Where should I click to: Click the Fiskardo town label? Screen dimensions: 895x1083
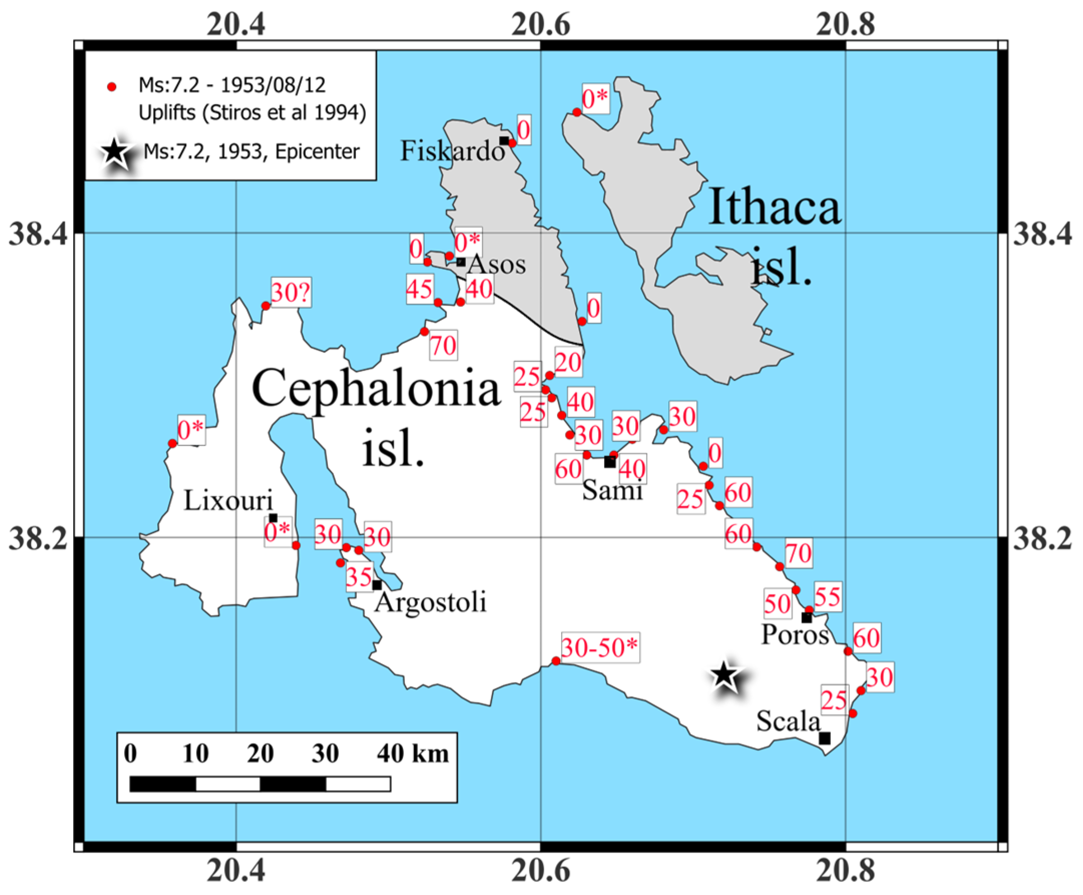452,151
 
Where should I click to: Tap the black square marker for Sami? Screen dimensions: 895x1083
610,462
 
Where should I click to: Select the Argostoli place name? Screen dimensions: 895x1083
431,602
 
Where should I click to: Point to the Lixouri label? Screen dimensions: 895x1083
228,501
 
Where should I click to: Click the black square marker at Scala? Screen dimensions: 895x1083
825,738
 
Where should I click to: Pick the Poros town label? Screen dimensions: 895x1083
794,635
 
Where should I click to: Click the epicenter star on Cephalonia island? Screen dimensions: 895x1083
723,675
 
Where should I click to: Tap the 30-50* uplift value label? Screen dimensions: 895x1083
600,648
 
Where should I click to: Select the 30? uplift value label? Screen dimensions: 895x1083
291,293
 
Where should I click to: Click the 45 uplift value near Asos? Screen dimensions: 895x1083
419,288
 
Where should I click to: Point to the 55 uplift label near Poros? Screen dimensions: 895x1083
828,596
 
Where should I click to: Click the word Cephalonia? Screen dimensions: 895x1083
376,389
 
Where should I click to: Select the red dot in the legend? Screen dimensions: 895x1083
111,87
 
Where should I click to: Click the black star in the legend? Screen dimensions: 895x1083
115,152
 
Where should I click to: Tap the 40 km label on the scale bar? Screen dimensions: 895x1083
413,754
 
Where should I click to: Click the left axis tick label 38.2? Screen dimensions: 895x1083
38,538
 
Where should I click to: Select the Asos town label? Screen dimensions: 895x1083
496,265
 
